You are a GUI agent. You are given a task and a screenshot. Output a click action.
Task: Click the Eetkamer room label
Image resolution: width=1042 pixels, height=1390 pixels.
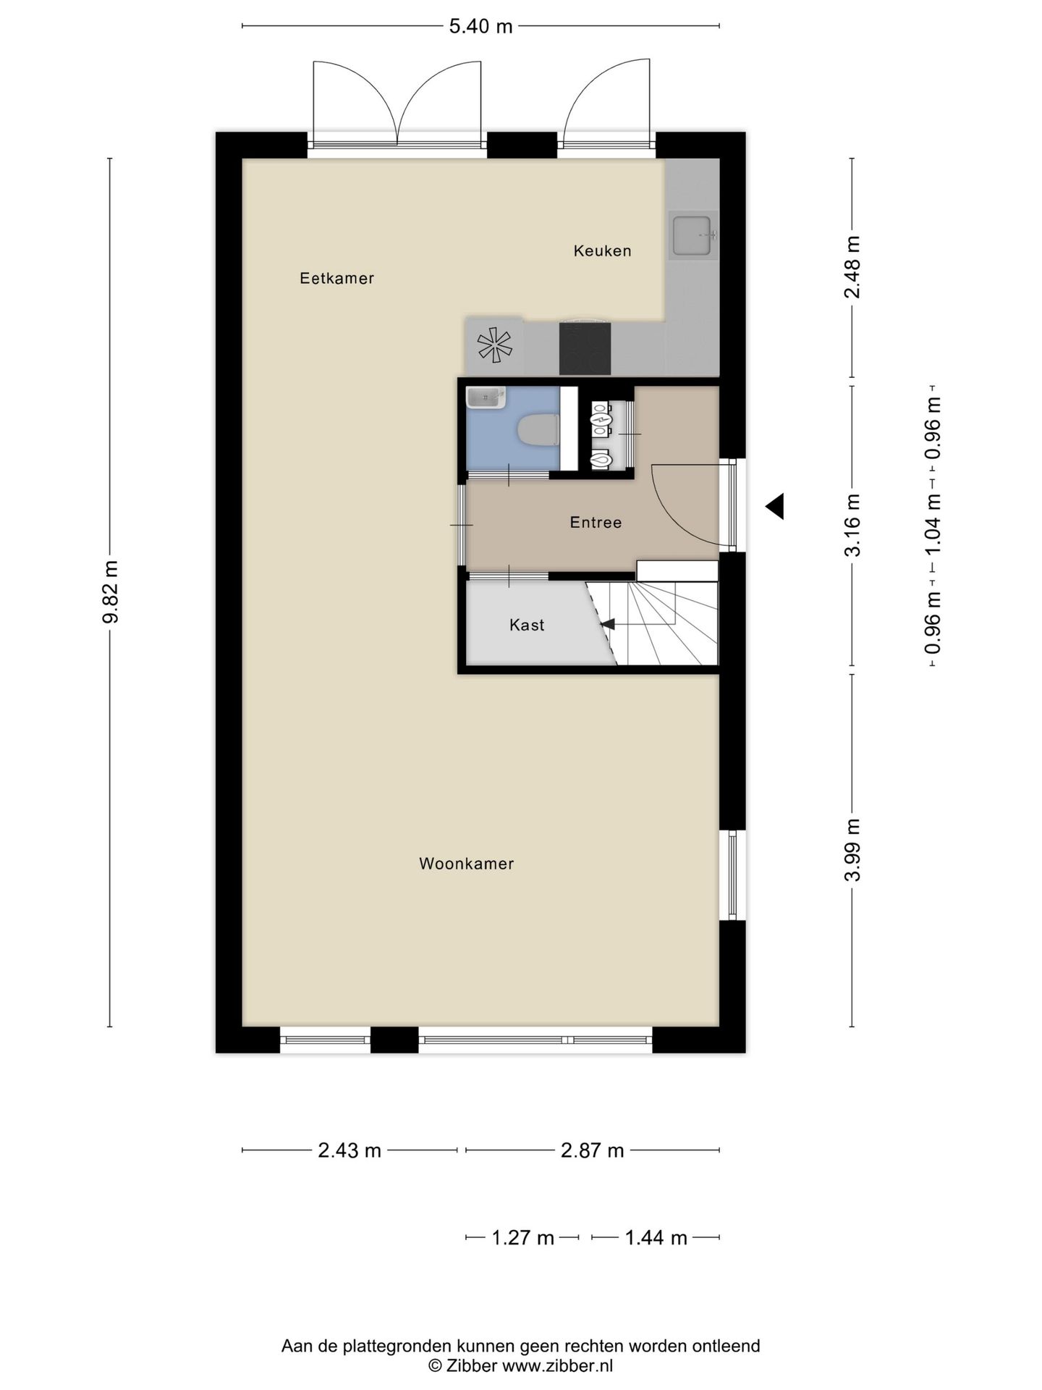[x=336, y=278]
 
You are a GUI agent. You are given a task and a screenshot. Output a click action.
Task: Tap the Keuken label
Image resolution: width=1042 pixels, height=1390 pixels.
[x=602, y=250]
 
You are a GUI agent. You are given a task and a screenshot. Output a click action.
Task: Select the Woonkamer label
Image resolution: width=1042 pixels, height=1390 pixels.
[x=466, y=863]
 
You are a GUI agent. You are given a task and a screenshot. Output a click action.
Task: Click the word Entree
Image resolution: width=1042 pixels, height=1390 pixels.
[x=596, y=522]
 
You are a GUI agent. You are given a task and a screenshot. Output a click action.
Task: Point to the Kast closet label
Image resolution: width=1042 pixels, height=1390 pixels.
[x=527, y=625]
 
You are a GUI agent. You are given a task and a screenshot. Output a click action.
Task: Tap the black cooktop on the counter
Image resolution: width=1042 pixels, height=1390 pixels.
[x=585, y=349]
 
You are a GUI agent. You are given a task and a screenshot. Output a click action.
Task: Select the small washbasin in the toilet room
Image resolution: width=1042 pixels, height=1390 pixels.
[x=486, y=397]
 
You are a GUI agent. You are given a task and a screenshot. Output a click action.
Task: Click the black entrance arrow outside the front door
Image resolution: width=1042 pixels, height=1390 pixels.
[x=775, y=506]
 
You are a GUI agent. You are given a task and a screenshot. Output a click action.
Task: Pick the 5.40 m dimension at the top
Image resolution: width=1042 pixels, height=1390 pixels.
[x=480, y=27]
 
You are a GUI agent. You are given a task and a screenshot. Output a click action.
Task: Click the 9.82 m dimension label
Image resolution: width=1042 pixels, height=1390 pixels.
[x=110, y=591]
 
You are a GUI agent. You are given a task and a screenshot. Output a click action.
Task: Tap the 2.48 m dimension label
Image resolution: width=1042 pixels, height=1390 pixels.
[x=852, y=267]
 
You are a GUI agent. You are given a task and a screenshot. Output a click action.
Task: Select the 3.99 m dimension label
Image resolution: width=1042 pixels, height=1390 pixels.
[x=852, y=850]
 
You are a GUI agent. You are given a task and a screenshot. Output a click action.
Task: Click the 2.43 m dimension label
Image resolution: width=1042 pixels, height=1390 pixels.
[x=350, y=1150]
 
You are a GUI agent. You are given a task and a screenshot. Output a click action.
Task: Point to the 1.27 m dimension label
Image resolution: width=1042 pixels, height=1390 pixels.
[x=522, y=1237]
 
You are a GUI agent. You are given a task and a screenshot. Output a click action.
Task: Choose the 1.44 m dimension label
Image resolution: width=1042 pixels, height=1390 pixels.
[x=656, y=1237]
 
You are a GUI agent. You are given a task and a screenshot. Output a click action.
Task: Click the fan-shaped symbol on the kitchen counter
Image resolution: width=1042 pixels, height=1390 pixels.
[x=494, y=345]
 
